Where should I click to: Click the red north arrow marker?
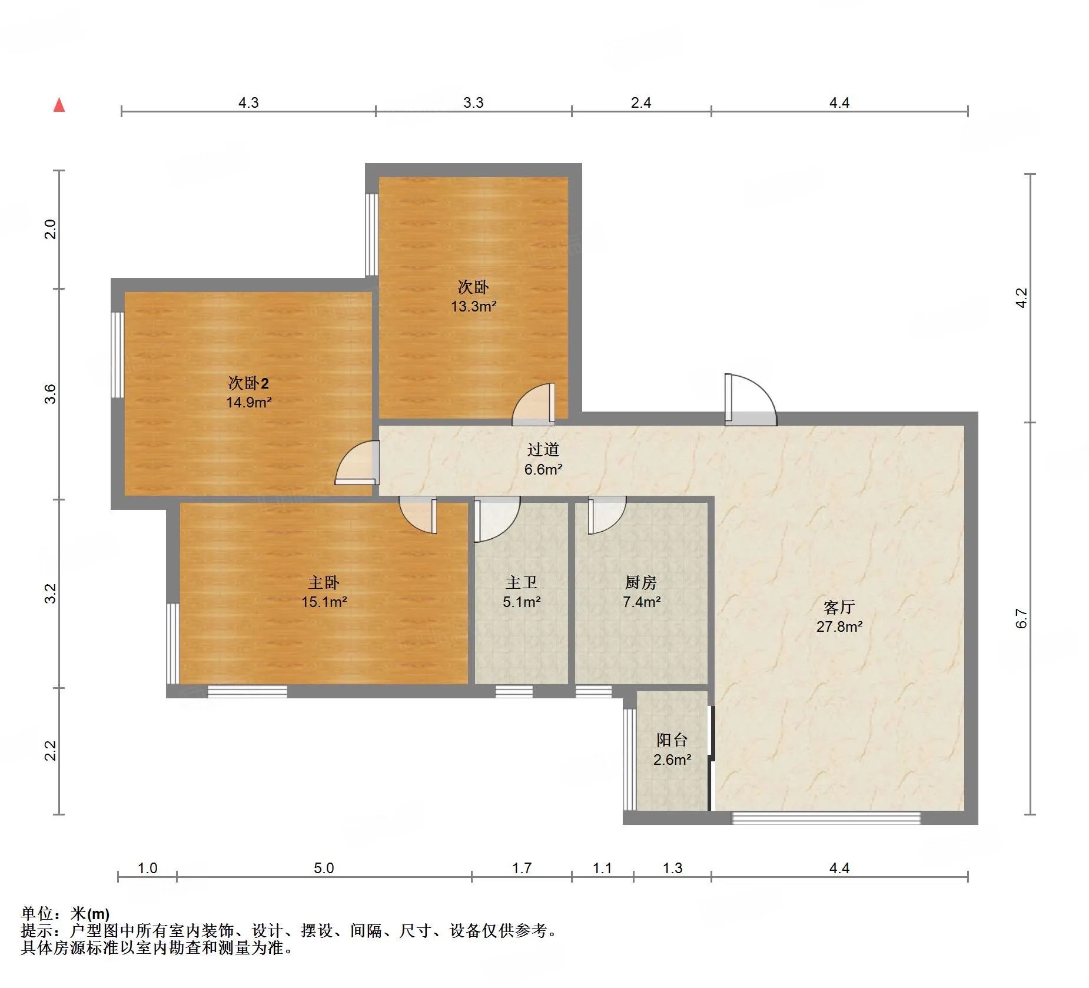(x=59, y=105)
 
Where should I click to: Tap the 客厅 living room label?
(x=839, y=607)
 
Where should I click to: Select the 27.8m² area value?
(x=839, y=626)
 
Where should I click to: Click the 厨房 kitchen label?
(x=640, y=582)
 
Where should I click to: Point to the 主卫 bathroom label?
(x=522, y=582)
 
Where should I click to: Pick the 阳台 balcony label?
(x=672, y=740)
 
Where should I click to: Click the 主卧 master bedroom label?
(x=324, y=582)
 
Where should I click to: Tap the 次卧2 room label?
(x=248, y=383)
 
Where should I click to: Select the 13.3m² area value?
(x=474, y=306)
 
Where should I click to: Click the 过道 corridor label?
(x=543, y=449)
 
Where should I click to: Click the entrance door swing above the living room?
(x=751, y=399)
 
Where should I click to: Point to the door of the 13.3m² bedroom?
(x=533, y=405)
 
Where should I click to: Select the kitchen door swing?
(x=607, y=515)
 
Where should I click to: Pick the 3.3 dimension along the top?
(x=473, y=102)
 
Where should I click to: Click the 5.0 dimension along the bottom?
(x=324, y=868)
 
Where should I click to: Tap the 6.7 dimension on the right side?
(x=1021, y=619)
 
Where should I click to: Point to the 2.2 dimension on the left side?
(x=51, y=751)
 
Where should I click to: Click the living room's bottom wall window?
(x=826, y=818)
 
